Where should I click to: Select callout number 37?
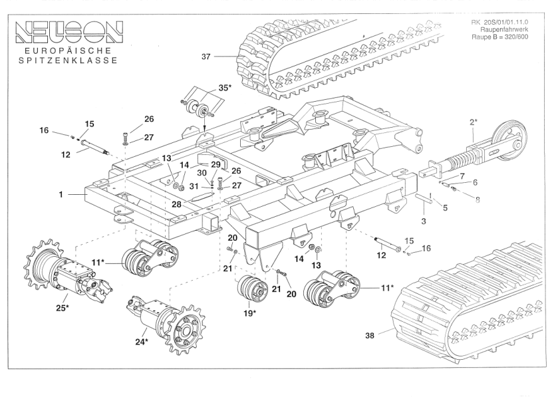(206, 57)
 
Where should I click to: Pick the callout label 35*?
(225, 88)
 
